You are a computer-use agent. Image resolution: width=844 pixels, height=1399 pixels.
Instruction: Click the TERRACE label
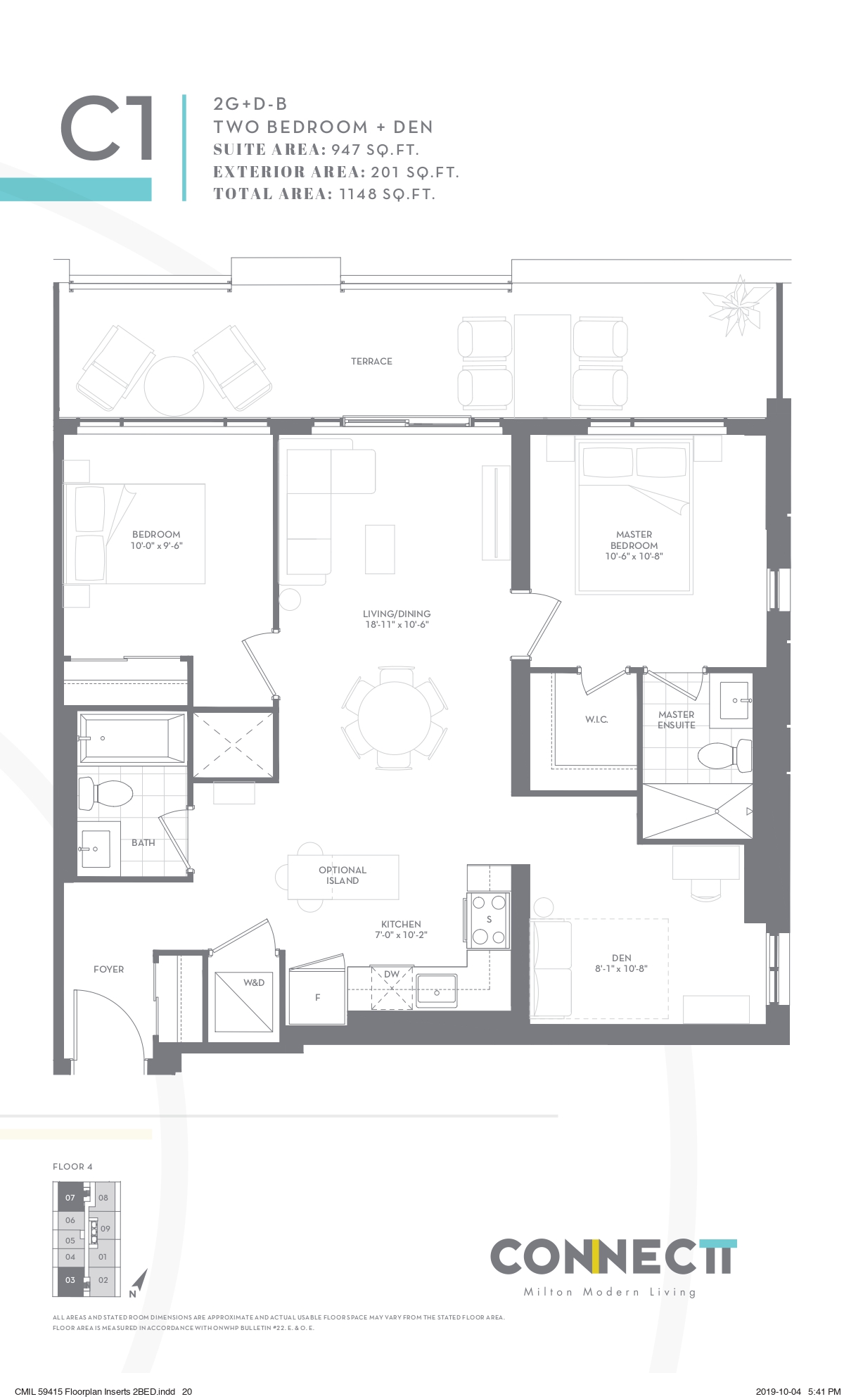click(x=371, y=361)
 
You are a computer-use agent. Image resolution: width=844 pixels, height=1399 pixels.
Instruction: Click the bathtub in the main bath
click(x=133, y=738)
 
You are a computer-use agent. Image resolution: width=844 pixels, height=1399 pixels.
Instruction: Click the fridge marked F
click(x=317, y=992)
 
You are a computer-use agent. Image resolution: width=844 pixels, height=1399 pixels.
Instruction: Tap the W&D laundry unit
click(x=244, y=1001)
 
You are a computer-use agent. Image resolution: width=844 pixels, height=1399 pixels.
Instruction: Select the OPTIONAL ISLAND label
click(x=343, y=875)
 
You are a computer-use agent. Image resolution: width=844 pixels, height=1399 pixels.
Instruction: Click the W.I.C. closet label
click(x=596, y=719)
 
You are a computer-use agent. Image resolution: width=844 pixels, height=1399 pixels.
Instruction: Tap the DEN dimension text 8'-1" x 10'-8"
click(x=621, y=968)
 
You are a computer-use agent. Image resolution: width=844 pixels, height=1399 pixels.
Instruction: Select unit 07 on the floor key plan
click(x=70, y=1198)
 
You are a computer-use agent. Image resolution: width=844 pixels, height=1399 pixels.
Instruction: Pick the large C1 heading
click(x=107, y=129)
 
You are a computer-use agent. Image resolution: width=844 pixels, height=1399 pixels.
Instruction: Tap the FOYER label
click(x=108, y=969)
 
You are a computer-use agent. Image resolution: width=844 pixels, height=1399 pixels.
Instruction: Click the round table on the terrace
click(x=174, y=386)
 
